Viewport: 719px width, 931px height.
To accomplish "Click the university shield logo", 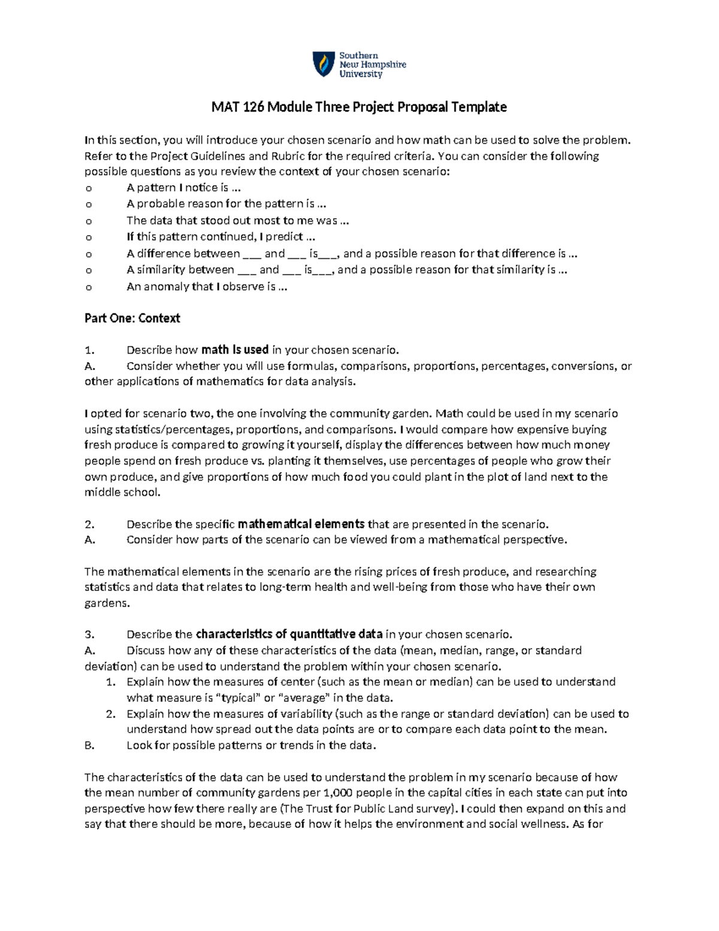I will tap(324, 64).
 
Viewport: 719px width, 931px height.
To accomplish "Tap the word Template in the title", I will tap(479, 107).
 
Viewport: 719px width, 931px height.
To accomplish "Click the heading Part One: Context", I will tap(132, 318).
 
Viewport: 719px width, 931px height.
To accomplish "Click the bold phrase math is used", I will tap(235, 350).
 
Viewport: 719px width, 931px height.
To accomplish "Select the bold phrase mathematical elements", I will tap(301, 524).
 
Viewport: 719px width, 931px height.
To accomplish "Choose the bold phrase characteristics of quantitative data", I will tap(289, 634).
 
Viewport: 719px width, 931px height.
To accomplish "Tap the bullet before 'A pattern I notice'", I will tap(89, 188).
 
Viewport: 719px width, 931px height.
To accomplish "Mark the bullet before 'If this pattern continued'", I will tap(89, 237).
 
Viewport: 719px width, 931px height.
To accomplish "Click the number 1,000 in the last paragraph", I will tap(337, 793).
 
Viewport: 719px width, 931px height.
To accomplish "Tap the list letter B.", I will tap(90, 745).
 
